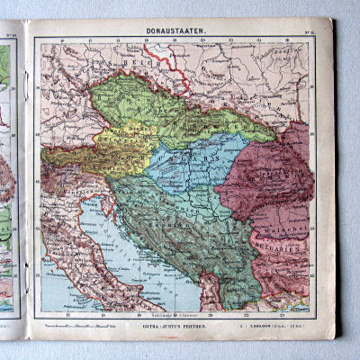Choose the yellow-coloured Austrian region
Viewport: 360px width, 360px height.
pos(126,144)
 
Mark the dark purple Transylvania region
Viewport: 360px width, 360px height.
pos(270,175)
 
